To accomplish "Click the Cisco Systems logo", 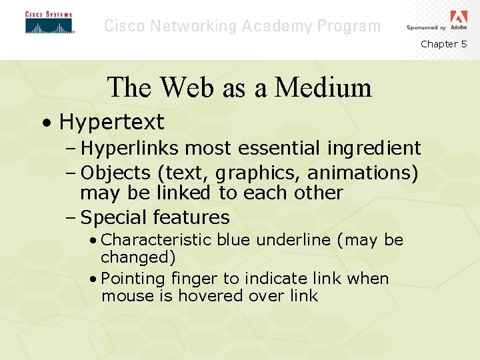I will click(x=49, y=23).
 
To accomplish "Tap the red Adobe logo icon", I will click(x=459, y=18).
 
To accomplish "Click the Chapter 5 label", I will click(x=443, y=44).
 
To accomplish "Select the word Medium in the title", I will click(x=323, y=87).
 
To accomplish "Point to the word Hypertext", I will click(x=111, y=122).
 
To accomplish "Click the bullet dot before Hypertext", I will click(x=44, y=123).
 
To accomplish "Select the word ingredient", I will click(x=374, y=148).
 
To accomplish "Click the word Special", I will click(x=114, y=217).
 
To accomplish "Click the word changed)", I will click(x=138, y=257).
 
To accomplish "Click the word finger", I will click(x=193, y=279).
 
